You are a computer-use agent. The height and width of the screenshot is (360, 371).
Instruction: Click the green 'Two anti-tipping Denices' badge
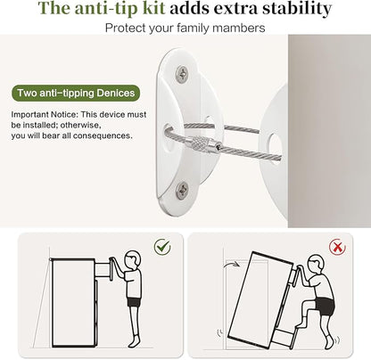coord(76,93)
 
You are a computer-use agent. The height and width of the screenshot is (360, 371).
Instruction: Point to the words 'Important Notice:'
coord(45,114)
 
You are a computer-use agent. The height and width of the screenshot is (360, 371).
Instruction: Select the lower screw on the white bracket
coord(182,189)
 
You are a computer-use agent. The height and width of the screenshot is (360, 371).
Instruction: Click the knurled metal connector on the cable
coord(203,143)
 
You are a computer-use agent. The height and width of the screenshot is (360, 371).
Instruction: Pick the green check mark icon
coord(162,247)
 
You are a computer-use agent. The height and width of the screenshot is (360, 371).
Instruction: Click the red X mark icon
coord(337,247)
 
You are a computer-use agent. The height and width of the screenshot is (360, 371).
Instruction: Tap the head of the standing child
coord(132,259)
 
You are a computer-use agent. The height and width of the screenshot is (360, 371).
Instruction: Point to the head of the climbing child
coord(316,264)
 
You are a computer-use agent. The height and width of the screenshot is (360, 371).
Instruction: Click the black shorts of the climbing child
coord(325,306)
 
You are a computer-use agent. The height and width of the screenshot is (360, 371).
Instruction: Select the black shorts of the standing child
coord(134,302)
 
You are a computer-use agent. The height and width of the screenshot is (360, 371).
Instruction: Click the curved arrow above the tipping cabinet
coord(231,264)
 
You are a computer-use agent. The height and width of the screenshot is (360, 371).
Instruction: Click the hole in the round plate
coord(273,143)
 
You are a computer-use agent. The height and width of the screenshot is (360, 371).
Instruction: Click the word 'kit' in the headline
coord(153,8)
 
